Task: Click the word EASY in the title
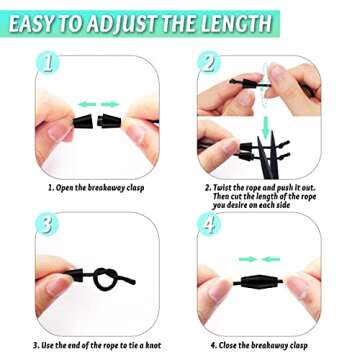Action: coord(43,19)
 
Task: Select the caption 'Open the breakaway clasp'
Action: coord(93,186)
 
